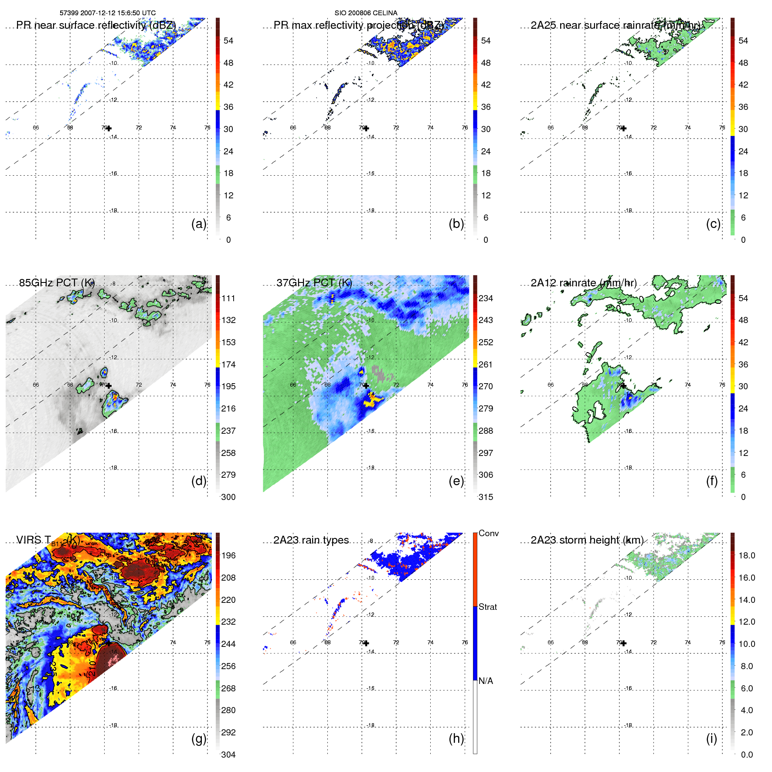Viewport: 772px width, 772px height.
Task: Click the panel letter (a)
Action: [x=198, y=224]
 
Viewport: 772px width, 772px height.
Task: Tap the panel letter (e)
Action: [x=456, y=481]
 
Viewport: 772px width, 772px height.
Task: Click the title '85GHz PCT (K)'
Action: [x=57, y=282]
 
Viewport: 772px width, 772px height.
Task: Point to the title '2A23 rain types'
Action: [x=311, y=540]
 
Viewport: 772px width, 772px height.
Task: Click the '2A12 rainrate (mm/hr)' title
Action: [x=583, y=282]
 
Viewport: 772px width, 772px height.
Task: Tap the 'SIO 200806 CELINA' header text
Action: [x=366, y=13]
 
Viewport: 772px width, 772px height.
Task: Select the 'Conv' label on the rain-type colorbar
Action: [x=488, y=533]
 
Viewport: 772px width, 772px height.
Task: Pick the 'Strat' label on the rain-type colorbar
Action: [x=487, y=607]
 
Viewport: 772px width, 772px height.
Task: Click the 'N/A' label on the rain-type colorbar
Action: [x=486, y=681]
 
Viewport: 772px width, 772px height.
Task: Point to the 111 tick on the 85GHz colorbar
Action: [x=228, y=298]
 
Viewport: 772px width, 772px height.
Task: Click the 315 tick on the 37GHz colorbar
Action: [x=486, y=497]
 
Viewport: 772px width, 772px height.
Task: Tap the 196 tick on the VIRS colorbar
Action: [x=228, y=555]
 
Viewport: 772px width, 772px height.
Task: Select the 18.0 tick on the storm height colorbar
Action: [x=747, y=555]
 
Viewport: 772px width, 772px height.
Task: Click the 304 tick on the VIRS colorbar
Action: [x=228, y=755]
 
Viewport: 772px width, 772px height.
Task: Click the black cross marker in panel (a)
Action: [x=109, y=128]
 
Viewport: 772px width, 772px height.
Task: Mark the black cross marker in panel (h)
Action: [x=366, y=643]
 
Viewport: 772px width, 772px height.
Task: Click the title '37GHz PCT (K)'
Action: [x=314, y=282]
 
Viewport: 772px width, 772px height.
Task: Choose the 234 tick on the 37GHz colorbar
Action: [x=486, y=298]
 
